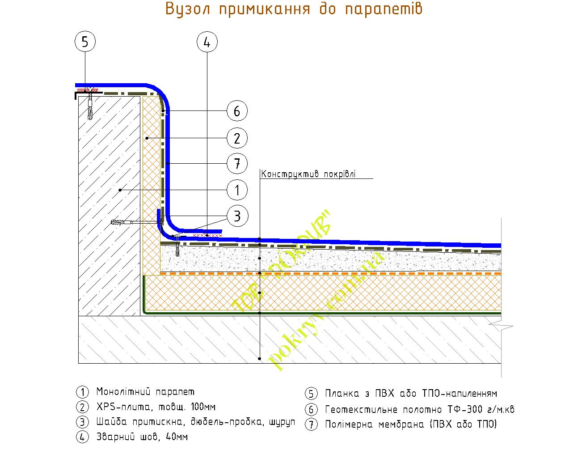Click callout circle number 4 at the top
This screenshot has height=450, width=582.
[207, 42]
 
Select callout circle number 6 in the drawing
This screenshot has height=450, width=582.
[237, 111]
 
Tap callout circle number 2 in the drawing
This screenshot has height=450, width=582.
[237, 138]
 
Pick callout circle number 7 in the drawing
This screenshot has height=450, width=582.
[237, 164]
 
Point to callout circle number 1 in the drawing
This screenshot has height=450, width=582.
[237, 191]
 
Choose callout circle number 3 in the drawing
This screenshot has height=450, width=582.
[237, 217]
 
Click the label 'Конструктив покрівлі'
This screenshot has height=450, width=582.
[308, 174]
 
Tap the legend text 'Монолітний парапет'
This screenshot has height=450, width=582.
[145, 392]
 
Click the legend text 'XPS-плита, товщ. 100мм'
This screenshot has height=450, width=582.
[156, 407]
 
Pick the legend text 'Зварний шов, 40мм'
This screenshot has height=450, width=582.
[142, 437]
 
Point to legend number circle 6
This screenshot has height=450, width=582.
[311, 409]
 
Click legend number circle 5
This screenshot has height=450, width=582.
[311, 394]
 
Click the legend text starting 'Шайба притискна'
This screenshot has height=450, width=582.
[195, 422]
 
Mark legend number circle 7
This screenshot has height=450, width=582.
[311, 424]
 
